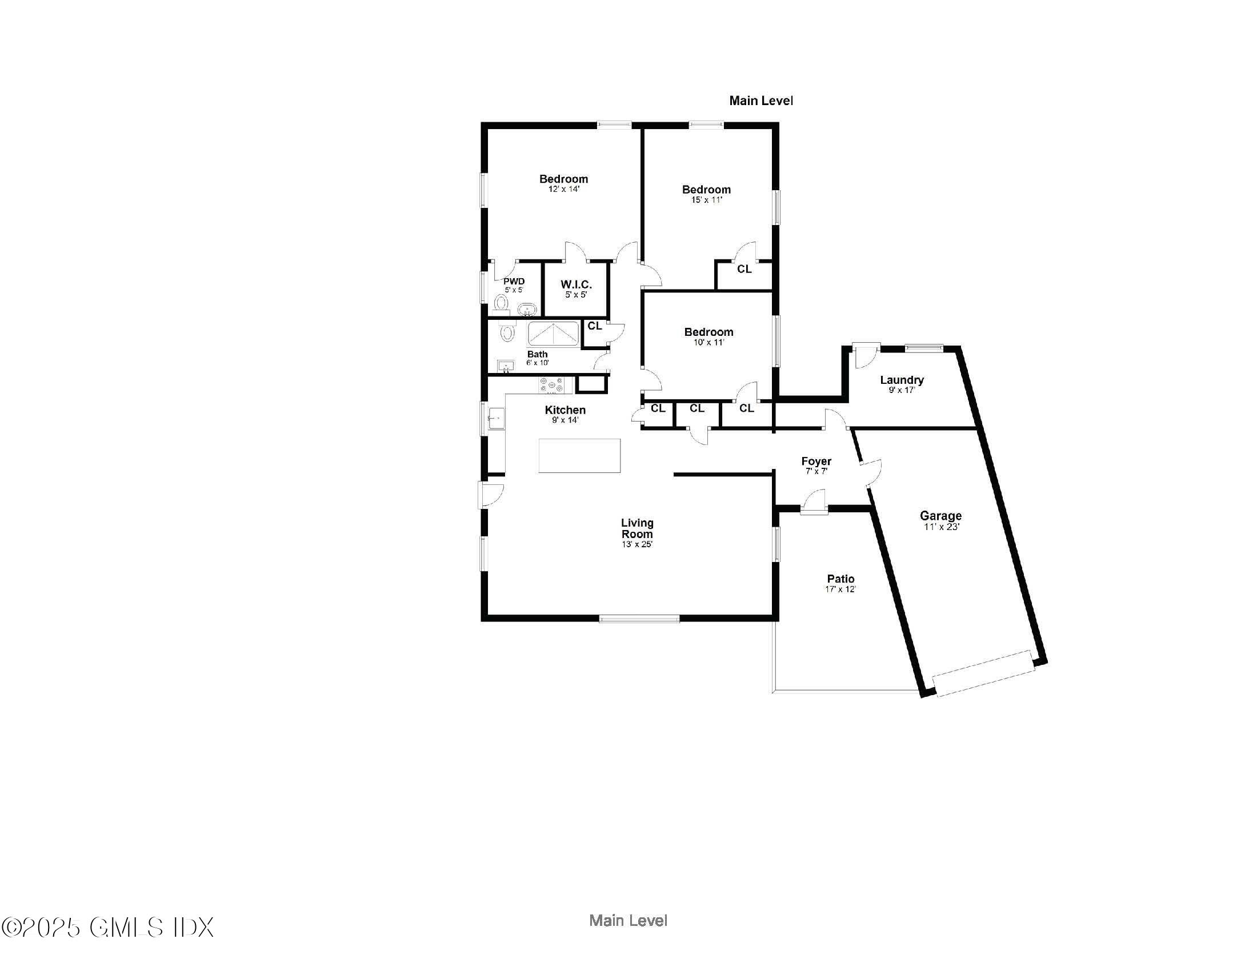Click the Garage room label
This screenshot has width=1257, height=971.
click(940, 516)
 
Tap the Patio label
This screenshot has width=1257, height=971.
click(840, 579)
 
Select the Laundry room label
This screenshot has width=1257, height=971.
click(901, 380)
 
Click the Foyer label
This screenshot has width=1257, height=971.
click(816, 461)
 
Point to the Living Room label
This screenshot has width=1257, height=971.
click(636, 528)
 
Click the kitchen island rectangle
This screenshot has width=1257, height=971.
click(579, 456)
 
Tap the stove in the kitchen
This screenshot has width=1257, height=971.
click(551, 385)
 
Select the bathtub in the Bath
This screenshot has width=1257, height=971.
click(554, 334)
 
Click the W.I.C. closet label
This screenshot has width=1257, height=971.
click(576, 285)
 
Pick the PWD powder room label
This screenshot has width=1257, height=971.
click(514, 281)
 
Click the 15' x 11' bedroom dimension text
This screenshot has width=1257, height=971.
click(706, 200)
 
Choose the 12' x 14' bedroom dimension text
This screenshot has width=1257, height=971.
click(563, 189)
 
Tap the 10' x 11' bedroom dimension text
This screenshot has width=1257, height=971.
click(708, 342)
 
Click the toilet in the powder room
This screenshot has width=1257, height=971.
click(501, 303)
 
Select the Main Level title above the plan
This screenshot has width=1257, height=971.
click(761, 101)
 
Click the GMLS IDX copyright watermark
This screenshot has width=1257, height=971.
click(107, 927)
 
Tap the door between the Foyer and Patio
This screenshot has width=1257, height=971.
click(814, 501)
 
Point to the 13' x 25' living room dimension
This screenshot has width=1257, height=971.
click(636, 544)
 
